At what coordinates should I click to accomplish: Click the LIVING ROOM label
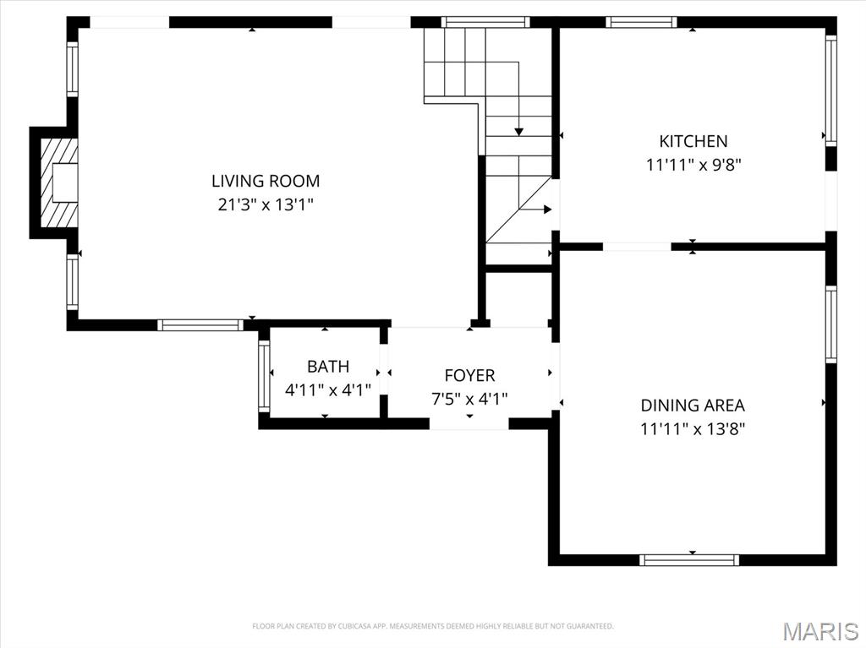266,180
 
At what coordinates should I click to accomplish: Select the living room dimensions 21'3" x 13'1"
266,204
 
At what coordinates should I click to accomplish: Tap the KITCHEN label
693,141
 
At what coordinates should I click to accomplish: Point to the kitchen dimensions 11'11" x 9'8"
693,165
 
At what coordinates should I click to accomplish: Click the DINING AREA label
693,406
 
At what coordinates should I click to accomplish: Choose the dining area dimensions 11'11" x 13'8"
693,429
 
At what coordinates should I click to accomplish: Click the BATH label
327,367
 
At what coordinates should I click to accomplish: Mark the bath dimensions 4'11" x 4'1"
327,390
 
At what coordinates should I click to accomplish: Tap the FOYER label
469,375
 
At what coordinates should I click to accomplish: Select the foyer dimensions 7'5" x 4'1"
469,399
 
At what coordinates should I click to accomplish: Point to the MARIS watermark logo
821,630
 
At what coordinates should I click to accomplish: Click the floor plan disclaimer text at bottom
433,626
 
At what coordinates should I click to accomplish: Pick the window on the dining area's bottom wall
689,559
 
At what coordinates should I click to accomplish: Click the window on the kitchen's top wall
642,22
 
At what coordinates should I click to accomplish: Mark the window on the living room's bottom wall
200,324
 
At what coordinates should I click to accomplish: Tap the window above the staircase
485,22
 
